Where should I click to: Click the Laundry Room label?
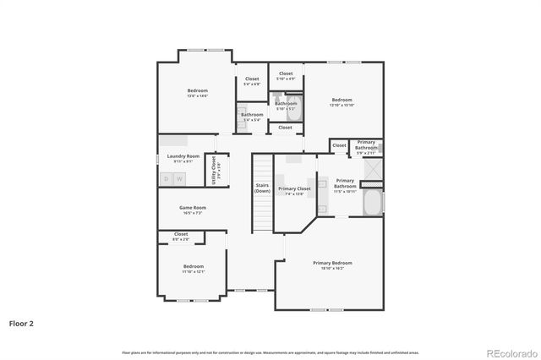click(x=183, y=156)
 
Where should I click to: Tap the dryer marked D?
click(x=167, y=178)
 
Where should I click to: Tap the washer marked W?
click(x=179, y=178)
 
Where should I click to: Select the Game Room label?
click(x=192, y=207)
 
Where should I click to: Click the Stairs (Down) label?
click(x=262, y=188)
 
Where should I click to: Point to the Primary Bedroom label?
click(x=332, y=263)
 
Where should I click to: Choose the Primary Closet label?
click(x=294, y=188)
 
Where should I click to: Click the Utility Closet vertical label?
click(x=214, y=168)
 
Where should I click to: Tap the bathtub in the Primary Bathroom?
click(x=373, y=203)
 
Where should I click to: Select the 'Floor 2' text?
click(x=22, y=323)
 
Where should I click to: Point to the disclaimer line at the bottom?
click(x=270, y=351)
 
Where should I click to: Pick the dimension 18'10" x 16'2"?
click(x=332, y=268)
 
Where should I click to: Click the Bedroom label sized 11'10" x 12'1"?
click(x=193, y=266)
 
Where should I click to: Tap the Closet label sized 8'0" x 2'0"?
click(x=181, y=234)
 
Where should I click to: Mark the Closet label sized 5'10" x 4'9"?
click(x=286, y=74)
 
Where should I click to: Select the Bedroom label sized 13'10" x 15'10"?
click(x=342, y=99)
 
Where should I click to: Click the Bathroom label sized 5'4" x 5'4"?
click(x=252, y=114)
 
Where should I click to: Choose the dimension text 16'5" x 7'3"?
click(x=192, y=213)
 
